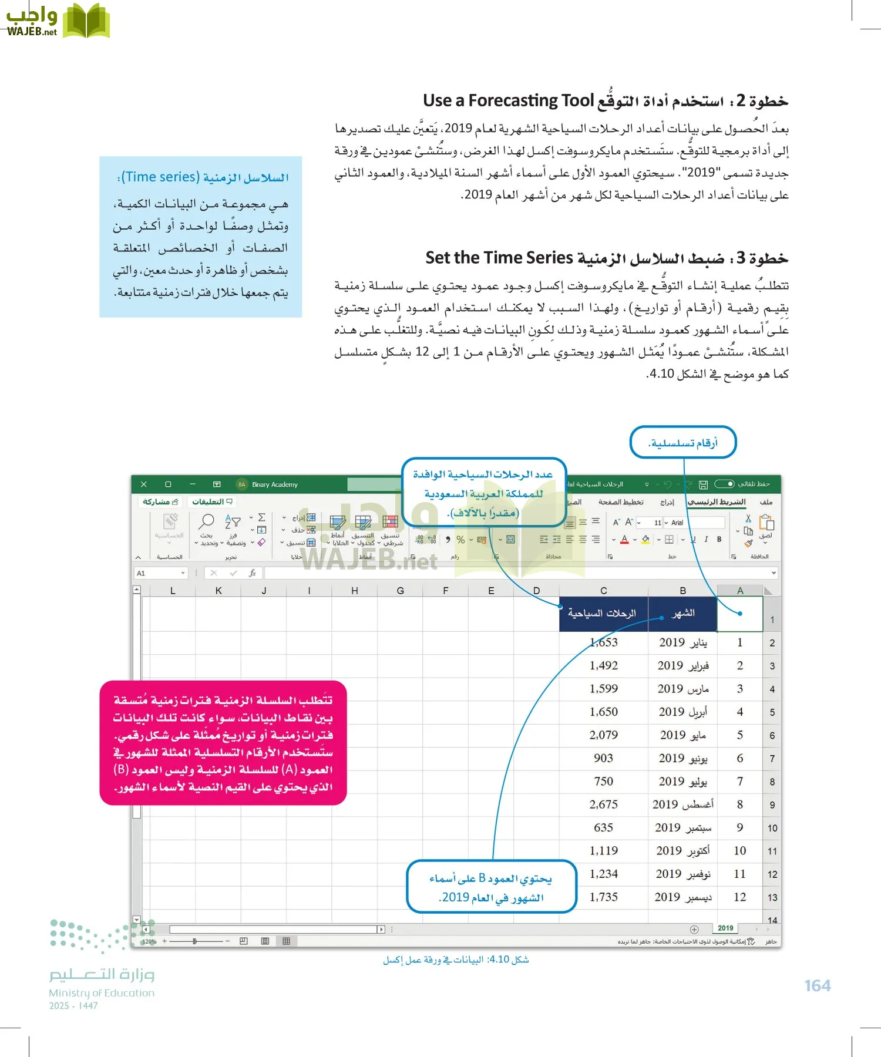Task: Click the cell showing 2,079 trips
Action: [x=603, y=735]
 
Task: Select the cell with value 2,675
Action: [x=603, y=804]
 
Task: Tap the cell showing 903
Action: [x=603, y=758]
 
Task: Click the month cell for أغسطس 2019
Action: [x=682, y=804]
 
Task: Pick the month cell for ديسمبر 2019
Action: [x=682, y=897]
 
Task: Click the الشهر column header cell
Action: [x=682, y=614]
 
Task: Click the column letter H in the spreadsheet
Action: [x=355, y=591]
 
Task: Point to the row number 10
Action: [x=772, y=828]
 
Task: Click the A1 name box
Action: [x=159, y=573]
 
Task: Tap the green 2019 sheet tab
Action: [x=725, y=928]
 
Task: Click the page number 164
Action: [x=818, y=985]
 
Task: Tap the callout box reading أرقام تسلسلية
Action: [x=682, y=443]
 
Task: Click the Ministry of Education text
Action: [x=102, y=993]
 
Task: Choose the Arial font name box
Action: [x=678, y=523]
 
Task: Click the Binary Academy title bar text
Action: [x=275, y=484]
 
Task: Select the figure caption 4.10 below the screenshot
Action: [x=456, y=960]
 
